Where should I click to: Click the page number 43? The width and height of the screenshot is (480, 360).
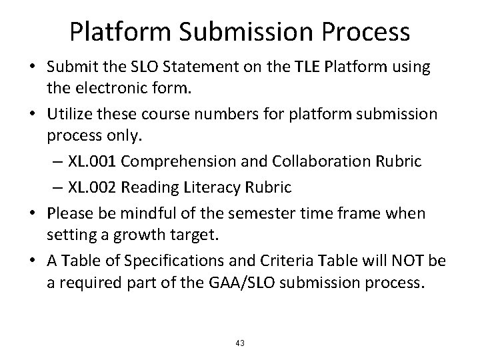click(240, 343)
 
